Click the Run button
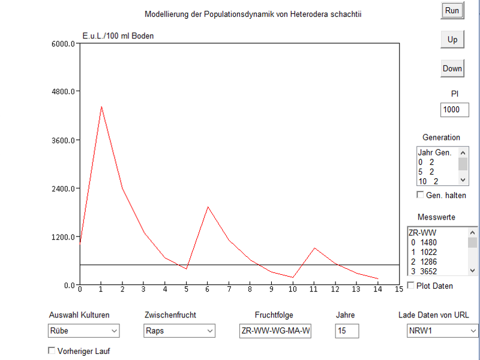tap(452, 11)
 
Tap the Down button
tap(452, 68)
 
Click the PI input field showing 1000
tap(454, 110)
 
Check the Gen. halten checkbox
tap(420, 195)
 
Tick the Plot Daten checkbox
tap(411, 286)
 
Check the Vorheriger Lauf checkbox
tap(51, 351)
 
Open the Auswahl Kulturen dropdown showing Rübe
tap(83, 331)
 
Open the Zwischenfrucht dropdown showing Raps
tap(179, 331)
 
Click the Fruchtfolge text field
tap(275, 331)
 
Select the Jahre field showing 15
tap(347, 331)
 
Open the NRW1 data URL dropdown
tap(442, 331)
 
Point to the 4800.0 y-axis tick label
tap(62, 92)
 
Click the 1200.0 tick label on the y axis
tap(62, 237)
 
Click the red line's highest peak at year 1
tap(101, 107)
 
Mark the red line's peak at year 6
tap(208, 207)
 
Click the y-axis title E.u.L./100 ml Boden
tap(118, 36)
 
